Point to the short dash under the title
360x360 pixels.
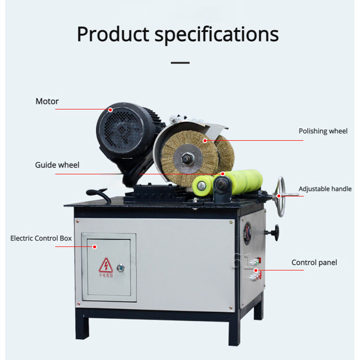[180, 63]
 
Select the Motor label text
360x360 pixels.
[47, 101]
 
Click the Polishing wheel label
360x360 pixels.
[323, 131]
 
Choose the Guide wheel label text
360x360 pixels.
[57, 165]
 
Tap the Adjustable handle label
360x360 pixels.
[325, 189]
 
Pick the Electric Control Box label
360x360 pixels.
[41, 238]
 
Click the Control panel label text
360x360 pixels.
[314, 262]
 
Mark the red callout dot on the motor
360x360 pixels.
[111, 109]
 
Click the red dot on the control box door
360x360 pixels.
[94, 246]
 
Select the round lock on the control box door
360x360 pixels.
[121, 268]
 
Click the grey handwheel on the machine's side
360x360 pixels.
[281, 194]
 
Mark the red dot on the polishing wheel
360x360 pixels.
[205, 141]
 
